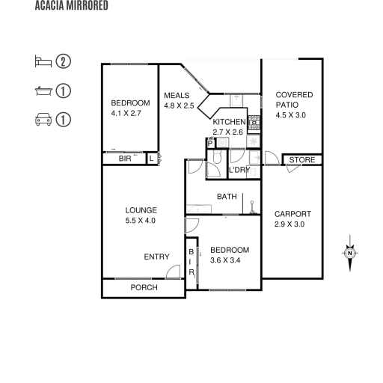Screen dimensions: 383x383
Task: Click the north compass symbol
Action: point(350,253)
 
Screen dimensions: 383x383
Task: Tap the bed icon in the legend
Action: point(43,61)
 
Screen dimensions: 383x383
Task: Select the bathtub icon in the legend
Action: point(43,91)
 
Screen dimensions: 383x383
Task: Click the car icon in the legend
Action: point(43,120)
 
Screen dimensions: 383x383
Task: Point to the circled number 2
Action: point(64,61)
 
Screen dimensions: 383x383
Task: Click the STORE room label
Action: point(302,160)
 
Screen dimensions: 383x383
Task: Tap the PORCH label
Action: point(144,287)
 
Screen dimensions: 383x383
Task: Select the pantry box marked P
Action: point(210,144)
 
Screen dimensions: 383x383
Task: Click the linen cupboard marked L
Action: point(152,158)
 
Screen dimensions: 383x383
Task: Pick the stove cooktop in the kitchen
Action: point(254,123)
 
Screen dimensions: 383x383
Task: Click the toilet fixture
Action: point(217,156)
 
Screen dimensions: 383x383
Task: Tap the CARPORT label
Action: point(292,214)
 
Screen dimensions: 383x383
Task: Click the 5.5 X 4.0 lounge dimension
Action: point(140,221)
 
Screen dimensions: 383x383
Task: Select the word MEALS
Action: point(177,96)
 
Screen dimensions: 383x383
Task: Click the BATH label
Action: point(227,197)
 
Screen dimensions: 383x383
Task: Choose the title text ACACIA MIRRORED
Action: point(71,5)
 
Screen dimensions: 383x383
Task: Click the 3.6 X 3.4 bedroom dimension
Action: point(225,260)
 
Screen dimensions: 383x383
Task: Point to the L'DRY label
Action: point(239,170)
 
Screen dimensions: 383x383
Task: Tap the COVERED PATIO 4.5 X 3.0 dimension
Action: point(291,115)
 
